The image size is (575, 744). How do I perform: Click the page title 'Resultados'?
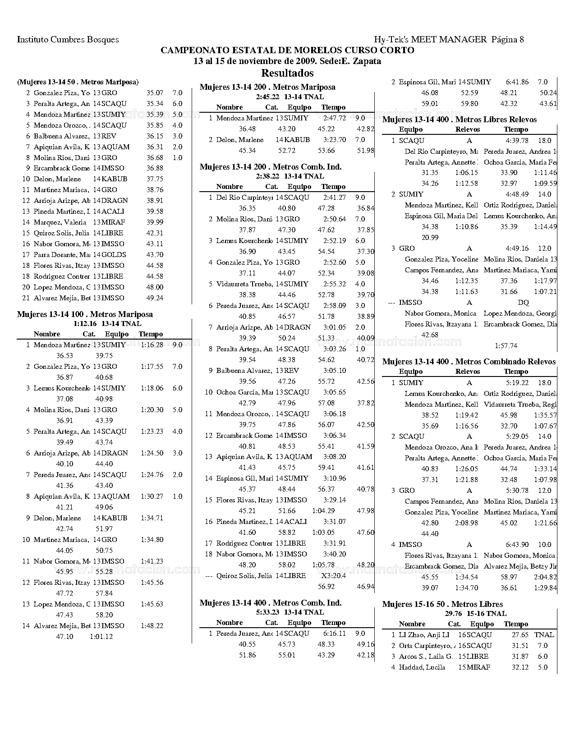287,73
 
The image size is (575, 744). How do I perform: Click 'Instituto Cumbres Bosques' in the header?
68,40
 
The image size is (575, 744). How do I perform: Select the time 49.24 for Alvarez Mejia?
155,298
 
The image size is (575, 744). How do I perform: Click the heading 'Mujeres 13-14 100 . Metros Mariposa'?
85,314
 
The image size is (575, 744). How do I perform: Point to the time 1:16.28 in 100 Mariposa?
152,345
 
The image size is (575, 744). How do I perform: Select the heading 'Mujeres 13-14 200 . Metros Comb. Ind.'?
271,167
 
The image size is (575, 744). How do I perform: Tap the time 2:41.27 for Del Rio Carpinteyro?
335,197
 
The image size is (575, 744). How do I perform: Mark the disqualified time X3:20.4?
333,576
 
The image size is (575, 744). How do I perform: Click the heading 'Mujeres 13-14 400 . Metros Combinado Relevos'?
469,362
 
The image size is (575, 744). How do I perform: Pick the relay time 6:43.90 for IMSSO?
517,545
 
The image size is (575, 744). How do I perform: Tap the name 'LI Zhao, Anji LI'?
424,635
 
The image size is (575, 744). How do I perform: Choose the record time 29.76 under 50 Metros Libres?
453,614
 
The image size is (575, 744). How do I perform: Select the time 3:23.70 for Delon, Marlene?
335,140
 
